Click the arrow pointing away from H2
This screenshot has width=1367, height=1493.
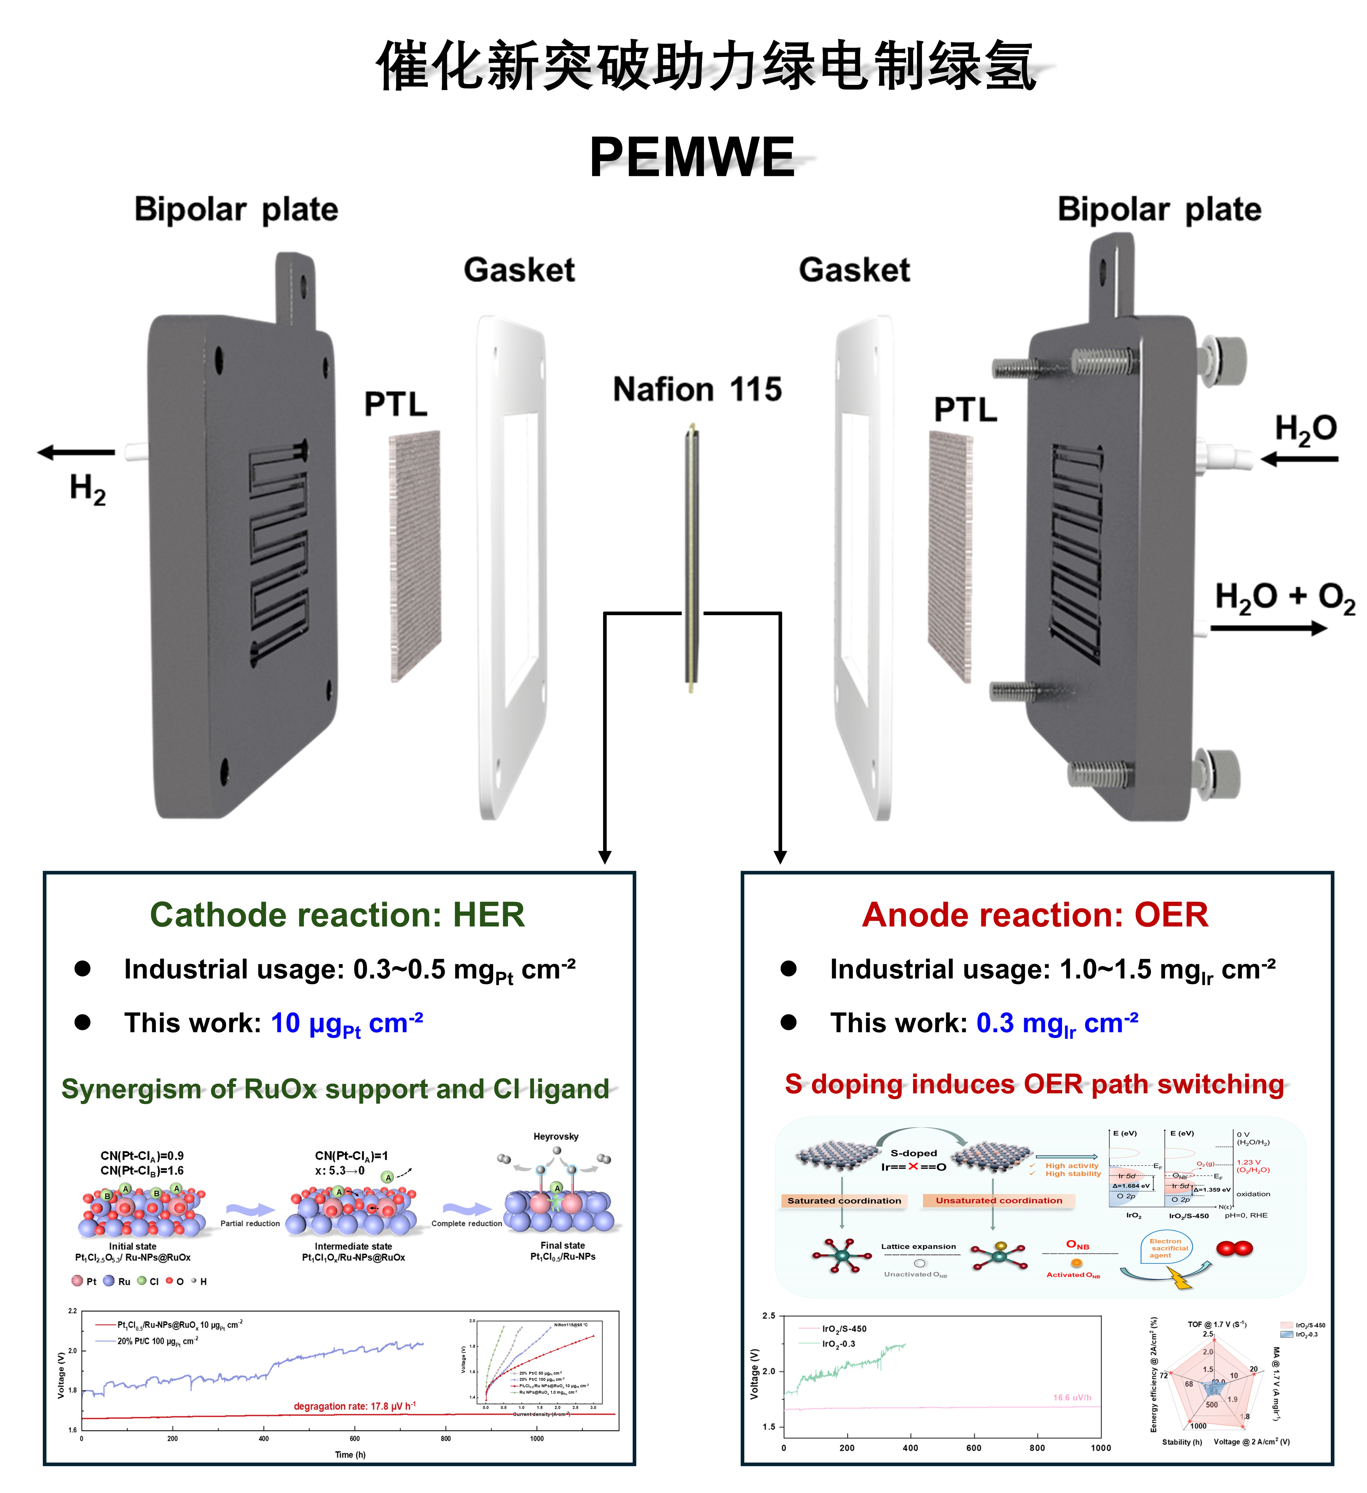coord(76,452)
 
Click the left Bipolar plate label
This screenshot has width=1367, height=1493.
coord(236,210)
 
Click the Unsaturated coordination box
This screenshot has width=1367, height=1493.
coord(998,1200)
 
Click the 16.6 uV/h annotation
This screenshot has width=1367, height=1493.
coord(1072,1398)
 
